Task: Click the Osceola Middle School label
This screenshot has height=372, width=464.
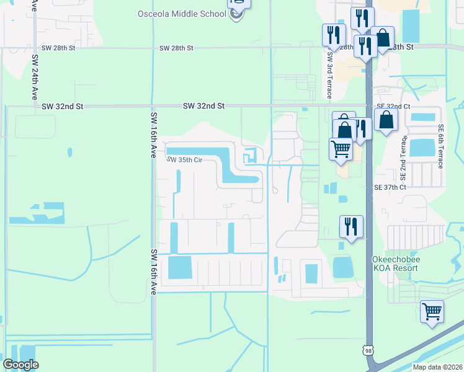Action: pos(181,14)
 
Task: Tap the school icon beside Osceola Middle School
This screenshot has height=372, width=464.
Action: pos(236,14)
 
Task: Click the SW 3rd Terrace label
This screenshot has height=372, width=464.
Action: pos(330,74)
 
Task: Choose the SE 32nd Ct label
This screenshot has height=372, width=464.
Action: pos(393,107)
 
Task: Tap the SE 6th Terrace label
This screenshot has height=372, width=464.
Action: pos(441,146)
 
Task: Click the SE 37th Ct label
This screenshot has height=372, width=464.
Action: pos(390,187)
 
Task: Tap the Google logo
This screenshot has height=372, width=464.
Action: pos(20,365)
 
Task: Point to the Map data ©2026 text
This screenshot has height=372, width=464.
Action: pos(437,367)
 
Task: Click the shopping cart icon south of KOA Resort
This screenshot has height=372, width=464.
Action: pos(432,312)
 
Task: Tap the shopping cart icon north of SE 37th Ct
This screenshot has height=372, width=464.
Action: pos(341,149)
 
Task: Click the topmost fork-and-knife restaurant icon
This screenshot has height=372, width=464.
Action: pos(362,18)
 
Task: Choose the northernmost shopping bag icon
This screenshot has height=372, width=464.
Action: pos(383,38)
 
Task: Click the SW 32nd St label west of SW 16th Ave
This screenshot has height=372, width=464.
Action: pos(63,107)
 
